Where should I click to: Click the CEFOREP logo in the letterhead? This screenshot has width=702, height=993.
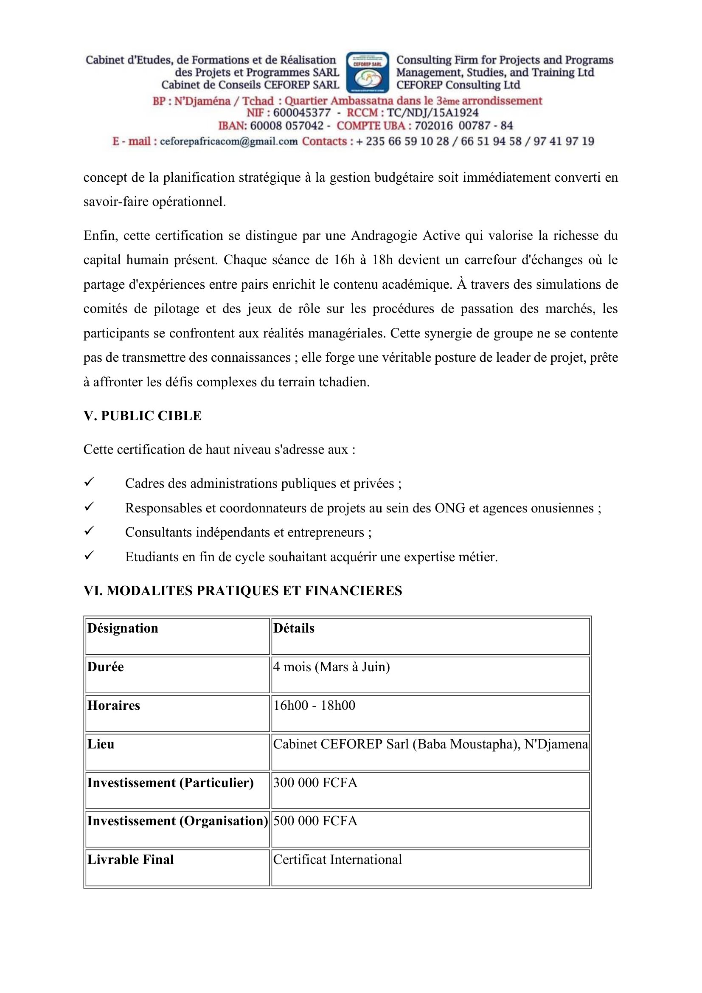pos(368,72)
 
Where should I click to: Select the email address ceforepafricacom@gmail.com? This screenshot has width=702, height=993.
pos(229,141)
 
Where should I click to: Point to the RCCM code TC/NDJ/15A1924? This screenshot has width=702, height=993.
pos(432,113)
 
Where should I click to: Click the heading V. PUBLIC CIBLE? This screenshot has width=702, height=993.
pos(143,416)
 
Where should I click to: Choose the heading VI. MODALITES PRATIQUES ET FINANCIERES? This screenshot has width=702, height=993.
pos(242,591)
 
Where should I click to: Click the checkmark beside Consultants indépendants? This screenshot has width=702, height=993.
pos(89,531)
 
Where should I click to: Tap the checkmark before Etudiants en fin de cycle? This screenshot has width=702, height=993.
pos(89,555)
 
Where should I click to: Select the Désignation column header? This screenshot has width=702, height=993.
pos(123,628)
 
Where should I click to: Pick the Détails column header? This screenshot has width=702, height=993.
pos(294,628)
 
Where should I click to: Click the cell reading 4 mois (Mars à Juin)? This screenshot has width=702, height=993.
pos(331,667)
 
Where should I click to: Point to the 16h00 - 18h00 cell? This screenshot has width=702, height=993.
pos(314,706)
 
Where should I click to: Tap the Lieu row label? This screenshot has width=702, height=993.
pos(101,744)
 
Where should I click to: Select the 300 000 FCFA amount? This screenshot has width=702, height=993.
pos(315,783)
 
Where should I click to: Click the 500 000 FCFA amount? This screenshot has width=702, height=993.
pos(315,821)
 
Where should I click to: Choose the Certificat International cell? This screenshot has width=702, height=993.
pos(337,859)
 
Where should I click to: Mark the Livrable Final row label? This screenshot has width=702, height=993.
pos(131,859)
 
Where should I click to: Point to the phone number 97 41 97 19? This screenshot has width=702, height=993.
pos(564,141)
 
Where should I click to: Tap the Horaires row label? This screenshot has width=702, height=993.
pos(114,706)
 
